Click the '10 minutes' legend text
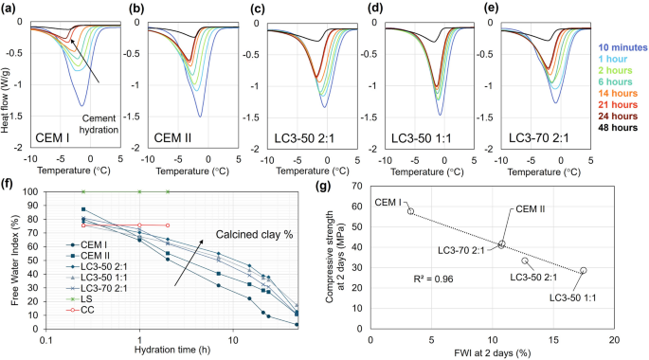pyautogui.click(x=622, y=46)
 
